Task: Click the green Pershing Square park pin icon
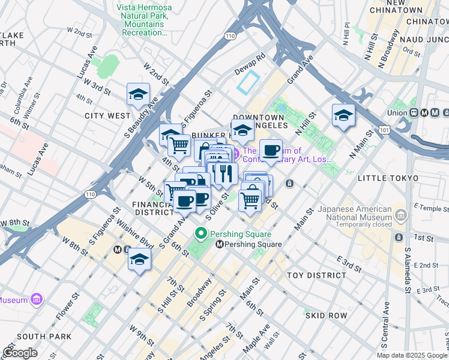click(200, 233)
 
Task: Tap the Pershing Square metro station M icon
click(220, 244)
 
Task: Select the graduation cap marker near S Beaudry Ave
click(138, 95)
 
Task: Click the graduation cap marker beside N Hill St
click(343, 116)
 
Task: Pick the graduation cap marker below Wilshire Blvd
click(139, 260)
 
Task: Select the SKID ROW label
click(327, 315)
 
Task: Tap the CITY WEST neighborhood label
click(107, 116)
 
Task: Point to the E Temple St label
click(428, 208)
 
